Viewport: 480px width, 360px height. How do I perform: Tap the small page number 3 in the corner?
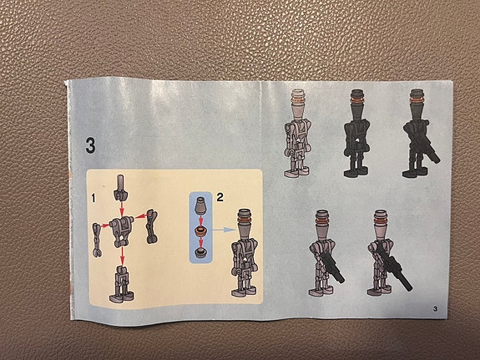point(436,311)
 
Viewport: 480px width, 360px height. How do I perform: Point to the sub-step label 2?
point(220,198)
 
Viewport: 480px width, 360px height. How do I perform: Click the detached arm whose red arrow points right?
point(95,236)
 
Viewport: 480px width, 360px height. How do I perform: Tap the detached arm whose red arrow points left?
point(152,224)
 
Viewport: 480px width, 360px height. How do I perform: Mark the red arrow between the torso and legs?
point(123,256)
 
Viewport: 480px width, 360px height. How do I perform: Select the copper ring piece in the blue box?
point(201,230)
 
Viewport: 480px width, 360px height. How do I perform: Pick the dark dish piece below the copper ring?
point(201,252)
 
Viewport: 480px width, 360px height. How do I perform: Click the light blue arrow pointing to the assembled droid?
point(222,227)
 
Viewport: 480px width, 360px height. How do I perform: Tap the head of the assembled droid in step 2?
point(245,221)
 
